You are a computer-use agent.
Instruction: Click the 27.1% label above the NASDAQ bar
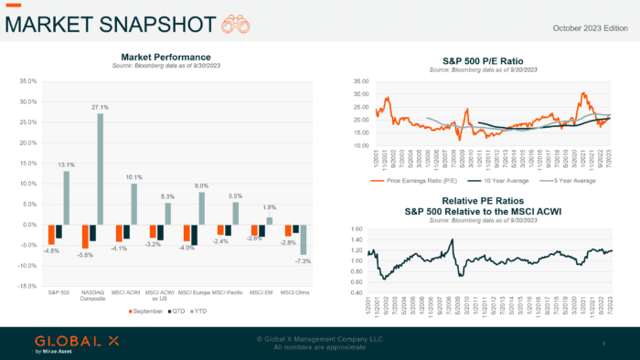100,107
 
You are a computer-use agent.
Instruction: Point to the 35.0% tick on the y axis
27,81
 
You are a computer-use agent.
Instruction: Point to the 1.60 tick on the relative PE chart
357,228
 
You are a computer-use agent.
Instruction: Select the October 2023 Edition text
590,27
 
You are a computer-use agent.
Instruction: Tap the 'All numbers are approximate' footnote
319,346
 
